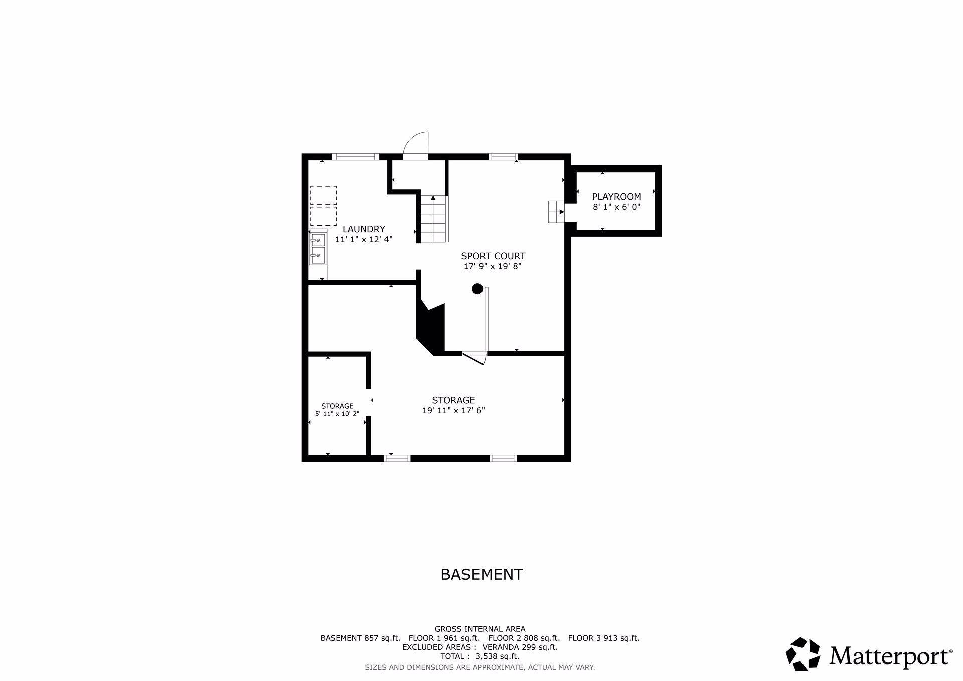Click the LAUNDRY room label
point(364,229)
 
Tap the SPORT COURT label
point(493,256)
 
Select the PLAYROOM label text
point(616,197)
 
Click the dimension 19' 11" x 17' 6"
point(453,410)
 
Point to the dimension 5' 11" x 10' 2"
point(337,414)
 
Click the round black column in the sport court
point(477,289)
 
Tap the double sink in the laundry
point(318,248)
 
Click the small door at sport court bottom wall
point(474,357)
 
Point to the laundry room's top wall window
point(355,157)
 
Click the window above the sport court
point(503,157)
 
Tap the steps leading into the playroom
point(556,212)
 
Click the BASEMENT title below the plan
point(481,574)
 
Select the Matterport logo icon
point(803,654)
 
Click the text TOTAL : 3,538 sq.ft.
point(480,656)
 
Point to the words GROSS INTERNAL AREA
point(480,629)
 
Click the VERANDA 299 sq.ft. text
point(520,647)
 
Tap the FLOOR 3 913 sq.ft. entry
point(604,638)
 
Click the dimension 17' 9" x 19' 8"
point(493,267)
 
